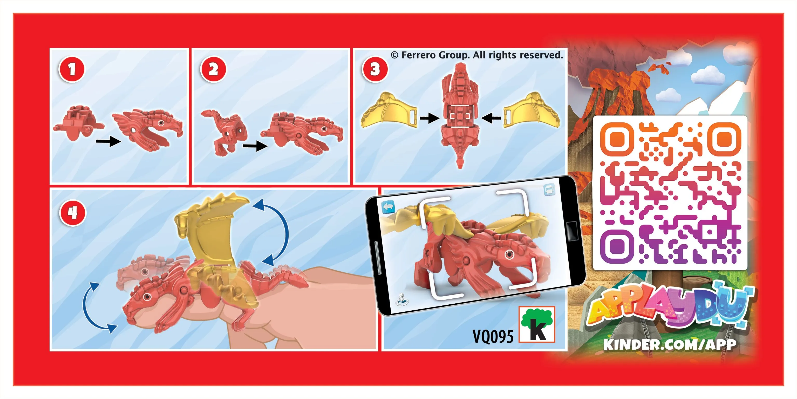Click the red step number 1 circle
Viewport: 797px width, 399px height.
tap(72, 69)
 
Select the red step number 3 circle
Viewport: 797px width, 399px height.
tap(375, 69)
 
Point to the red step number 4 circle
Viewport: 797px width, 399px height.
tap(73, 213)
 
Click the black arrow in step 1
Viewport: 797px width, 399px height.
tap(108, 142)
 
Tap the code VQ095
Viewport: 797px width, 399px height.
tap(493, 336)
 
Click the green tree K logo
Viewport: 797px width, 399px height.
tap(537, 324)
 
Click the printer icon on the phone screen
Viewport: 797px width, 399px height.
tap(549, 190)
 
